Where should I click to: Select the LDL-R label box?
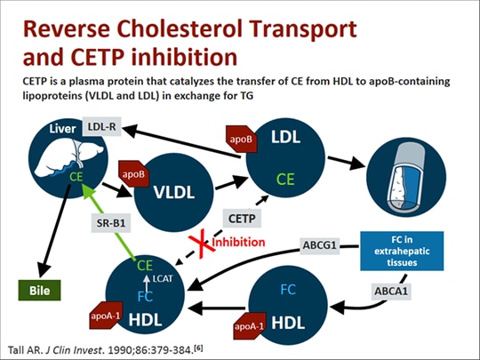[x=105, y=128]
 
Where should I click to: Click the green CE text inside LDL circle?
[x=285, y=179]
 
